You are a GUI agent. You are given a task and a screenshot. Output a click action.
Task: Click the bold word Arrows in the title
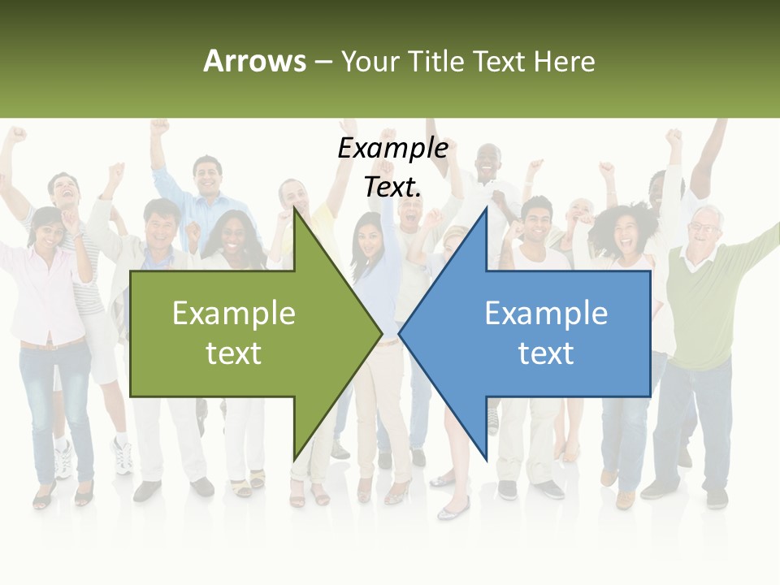click(254, 61)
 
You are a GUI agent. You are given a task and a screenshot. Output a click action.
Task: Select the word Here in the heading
click(565, 61)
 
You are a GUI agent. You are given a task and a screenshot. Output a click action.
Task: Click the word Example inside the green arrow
click(234, 314)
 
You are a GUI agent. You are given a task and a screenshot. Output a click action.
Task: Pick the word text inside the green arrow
click(234, 353)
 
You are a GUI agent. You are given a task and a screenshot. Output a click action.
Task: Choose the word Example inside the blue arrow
click(546, 314)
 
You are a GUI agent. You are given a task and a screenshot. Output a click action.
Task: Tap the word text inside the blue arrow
click(546, 353)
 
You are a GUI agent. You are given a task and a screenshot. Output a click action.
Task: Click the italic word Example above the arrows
click(393, 149)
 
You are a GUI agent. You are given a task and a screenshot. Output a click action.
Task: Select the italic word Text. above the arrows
click(393, 187)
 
